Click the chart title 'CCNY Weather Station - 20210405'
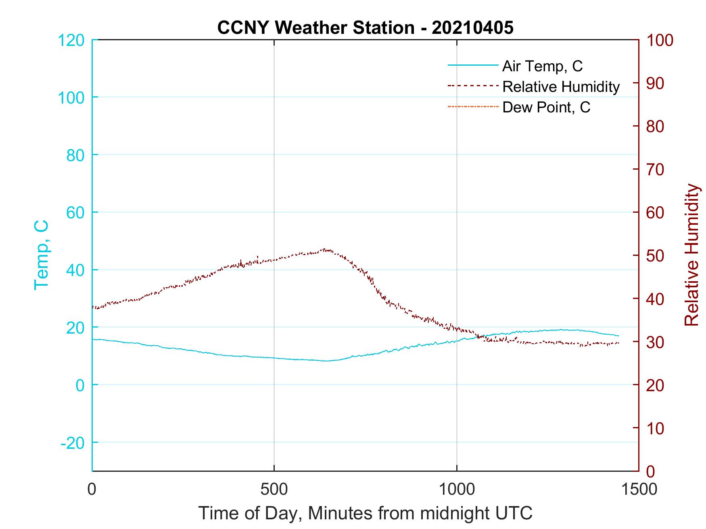tap(365, 28)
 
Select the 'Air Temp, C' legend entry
tap(542, 66)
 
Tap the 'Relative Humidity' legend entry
tap(561, 87)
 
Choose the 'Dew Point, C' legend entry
tap(546, 107)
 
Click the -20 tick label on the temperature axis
tap(73, 443)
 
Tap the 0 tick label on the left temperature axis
tap(80, 385)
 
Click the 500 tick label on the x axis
tap(274, 489)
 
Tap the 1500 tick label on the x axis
tap(639, 489)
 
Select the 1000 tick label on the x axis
tap(456, 489)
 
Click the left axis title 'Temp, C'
tap(42, 255)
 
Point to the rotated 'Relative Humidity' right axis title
tap(691, 255)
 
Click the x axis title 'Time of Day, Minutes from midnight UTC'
tap(365, 513)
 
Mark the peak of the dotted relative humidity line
tap(325, 249)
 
